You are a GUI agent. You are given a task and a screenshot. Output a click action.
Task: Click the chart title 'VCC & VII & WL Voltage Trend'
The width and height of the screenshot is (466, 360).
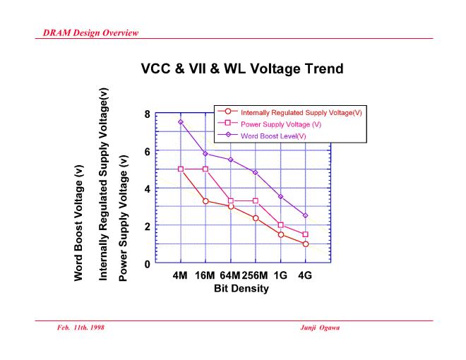tap(233, 71)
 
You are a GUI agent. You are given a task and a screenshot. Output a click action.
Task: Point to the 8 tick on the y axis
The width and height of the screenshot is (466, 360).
tap(146, 114)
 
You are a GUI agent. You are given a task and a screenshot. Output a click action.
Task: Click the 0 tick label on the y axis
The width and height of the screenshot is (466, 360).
tap(146, 264)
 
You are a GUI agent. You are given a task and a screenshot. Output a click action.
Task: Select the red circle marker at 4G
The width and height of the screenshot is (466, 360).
tap(305, 244)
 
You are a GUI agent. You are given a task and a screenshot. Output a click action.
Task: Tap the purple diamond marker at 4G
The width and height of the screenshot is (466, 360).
tap(305, 215)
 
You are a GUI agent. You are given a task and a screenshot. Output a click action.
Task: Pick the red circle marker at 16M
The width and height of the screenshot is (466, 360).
tap(205, 201)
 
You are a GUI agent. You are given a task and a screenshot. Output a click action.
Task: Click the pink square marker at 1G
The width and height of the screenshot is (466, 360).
tap(280, 225)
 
